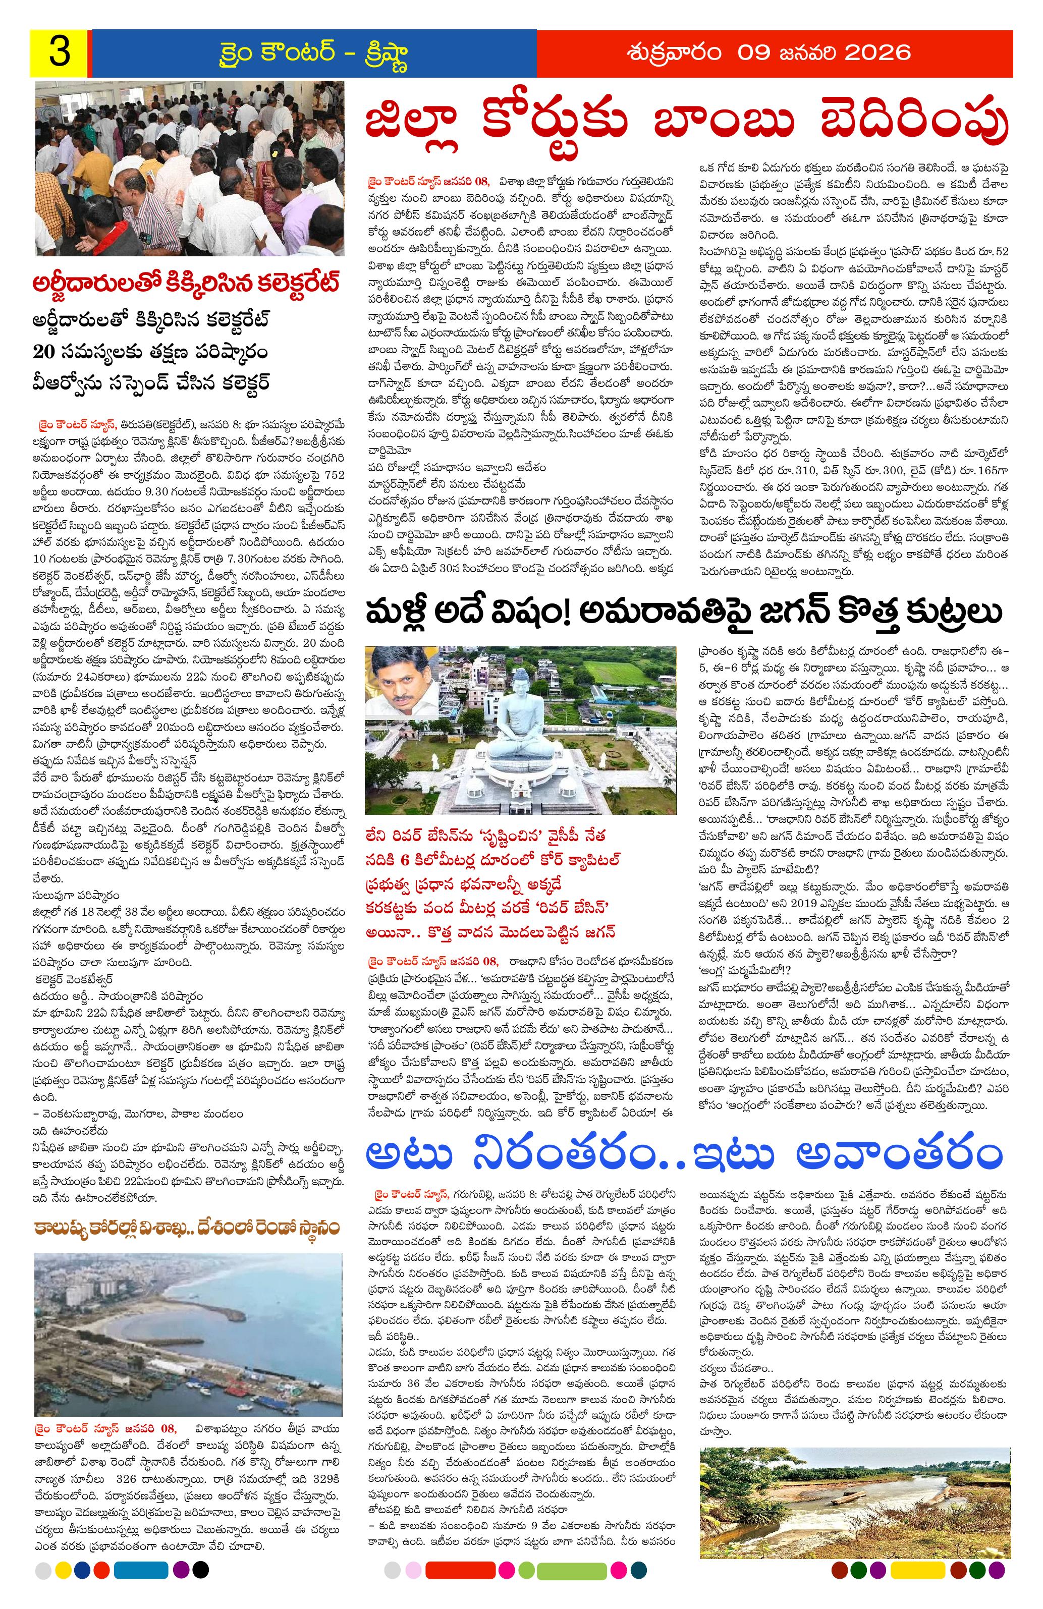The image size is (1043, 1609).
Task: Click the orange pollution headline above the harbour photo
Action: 189,1227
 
